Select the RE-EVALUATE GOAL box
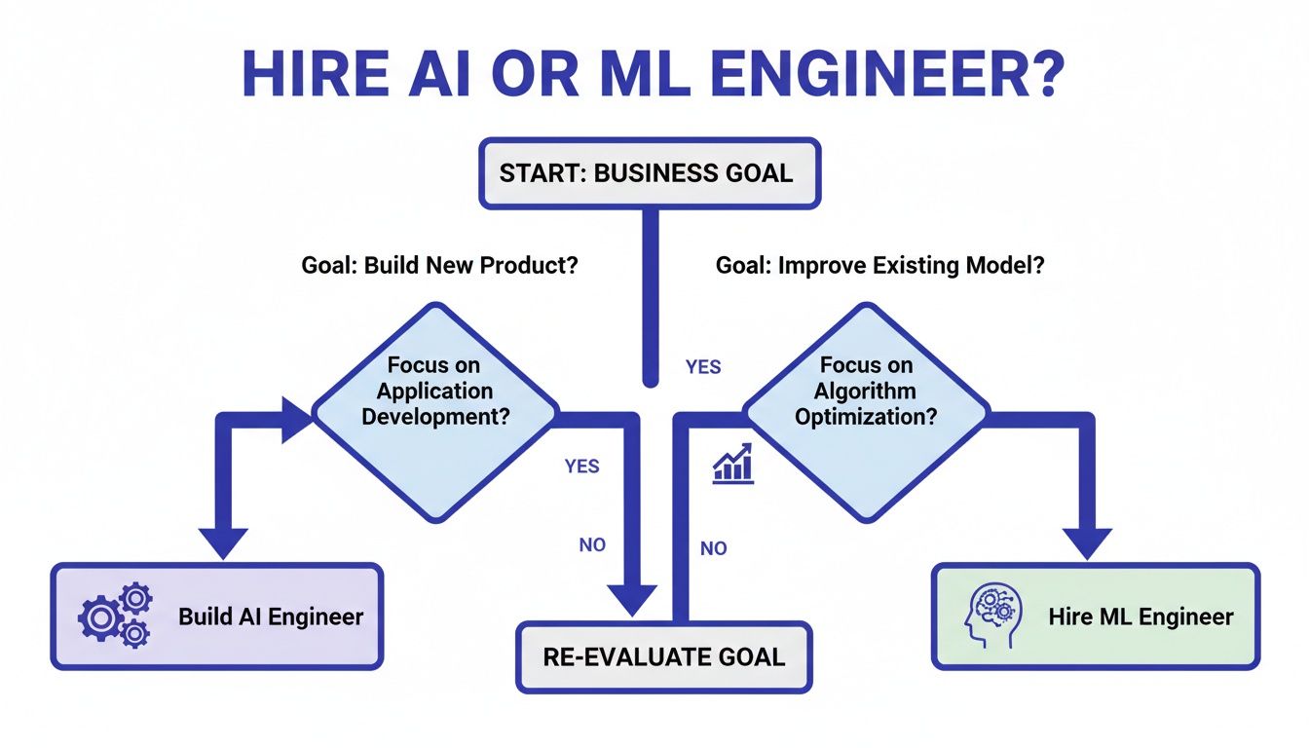tap(663, 655)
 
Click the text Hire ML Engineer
tap(1141, 617)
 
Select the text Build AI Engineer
tap(270, 617)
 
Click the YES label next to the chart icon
tap(703, 367)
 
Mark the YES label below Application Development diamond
tap(581, 467)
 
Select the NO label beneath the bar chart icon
tap(713, 548)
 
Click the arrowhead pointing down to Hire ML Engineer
tap(1086, 541)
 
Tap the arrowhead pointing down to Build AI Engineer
tap(223, 542)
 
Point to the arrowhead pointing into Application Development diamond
tap(296, 419)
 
